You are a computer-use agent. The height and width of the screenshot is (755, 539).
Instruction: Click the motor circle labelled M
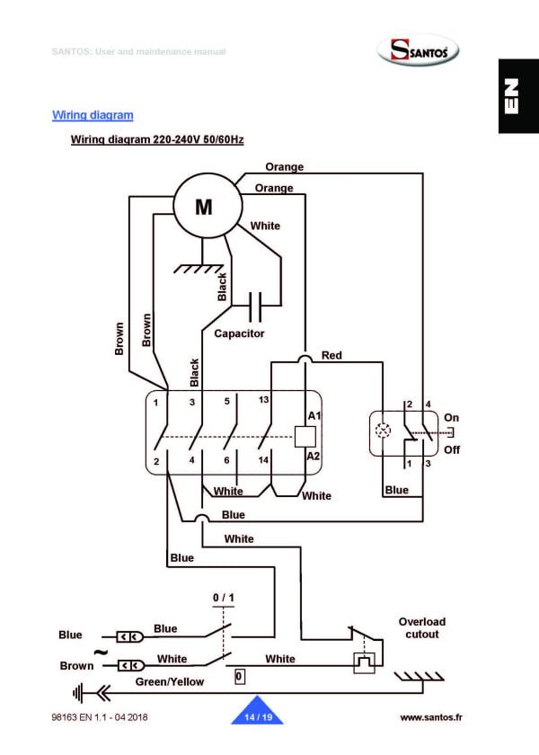(x=205, y=207)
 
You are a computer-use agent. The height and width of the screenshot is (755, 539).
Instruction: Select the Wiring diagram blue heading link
(x=93, y=115)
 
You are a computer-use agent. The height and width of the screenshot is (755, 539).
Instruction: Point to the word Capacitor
(x=239, y=333)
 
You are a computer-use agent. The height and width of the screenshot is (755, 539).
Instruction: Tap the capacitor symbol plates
(x=255, y=306)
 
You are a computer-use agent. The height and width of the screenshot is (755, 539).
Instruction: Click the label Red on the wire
(x=331, y=356)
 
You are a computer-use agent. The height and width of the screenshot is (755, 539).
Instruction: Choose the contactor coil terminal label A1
(x=314, y=416)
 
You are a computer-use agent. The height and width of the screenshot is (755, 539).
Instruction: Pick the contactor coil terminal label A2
(x=314, y=457)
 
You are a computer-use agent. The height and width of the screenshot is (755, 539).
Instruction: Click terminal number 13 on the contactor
(x=263, y=399)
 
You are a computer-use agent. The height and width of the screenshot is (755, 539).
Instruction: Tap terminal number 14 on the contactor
(x=263, y=459)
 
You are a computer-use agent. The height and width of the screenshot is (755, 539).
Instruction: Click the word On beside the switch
(x=451, y=418)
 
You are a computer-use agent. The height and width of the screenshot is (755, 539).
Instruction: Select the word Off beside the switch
(x=451, y=449)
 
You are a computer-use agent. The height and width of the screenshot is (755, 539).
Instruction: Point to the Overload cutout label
(x=421, y=627)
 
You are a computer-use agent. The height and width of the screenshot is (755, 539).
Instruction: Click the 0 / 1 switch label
(x=223, y=598)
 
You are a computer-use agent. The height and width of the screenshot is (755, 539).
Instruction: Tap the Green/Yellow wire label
(x=169, y=681)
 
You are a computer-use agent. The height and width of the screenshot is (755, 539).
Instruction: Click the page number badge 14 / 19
(x=258, y=716)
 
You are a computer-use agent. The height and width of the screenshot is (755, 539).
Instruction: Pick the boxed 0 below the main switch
(x=239, y=675)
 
